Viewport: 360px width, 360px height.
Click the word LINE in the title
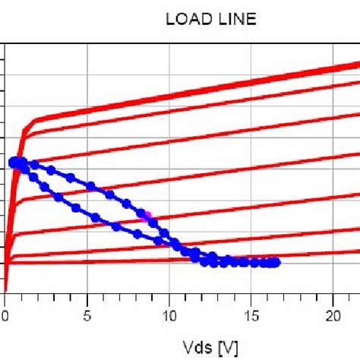pos(237,21)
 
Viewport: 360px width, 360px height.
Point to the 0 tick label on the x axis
pos(5,314)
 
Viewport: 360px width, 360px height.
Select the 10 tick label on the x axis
pos(171,314)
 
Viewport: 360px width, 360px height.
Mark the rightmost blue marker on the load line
pos(276,262)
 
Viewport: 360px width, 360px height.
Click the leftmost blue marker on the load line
pos(13,162)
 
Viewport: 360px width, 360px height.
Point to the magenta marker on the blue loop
pos(144,216)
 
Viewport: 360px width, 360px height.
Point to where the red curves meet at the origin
pos(5,289)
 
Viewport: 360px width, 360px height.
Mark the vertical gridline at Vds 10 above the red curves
pos(170,68)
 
